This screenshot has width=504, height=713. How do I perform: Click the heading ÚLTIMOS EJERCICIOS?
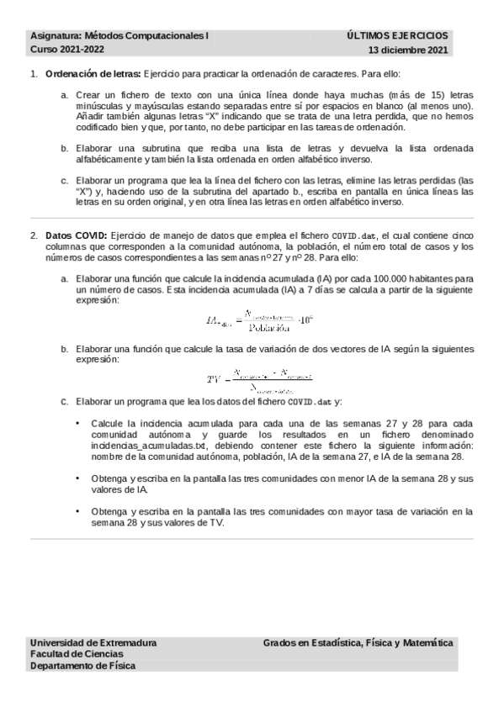point(398,36)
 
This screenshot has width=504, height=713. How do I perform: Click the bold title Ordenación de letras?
point(93,74)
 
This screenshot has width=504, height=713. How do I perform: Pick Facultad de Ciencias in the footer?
point(76,653)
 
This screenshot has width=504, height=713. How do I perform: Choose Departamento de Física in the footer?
point(82,665)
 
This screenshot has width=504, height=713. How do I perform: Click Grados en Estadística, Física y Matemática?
point(358,642)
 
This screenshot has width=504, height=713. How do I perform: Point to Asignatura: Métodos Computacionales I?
point(119,36)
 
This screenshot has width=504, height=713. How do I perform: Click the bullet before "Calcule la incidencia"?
point(78,423)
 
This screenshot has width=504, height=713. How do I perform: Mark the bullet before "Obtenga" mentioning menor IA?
point(78,478)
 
